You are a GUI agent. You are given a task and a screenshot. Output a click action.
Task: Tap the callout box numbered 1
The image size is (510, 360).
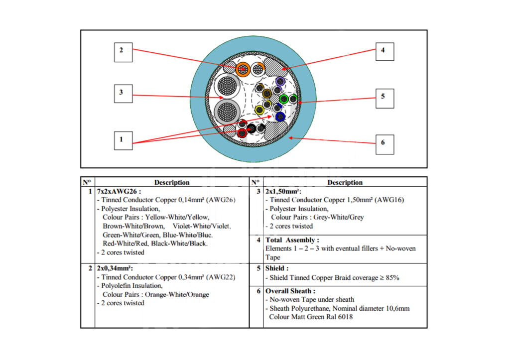pos(122,140)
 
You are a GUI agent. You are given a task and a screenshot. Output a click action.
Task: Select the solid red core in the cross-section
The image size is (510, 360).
pos(243,133)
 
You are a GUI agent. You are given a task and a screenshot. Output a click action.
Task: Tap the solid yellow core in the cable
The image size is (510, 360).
pos(259,110)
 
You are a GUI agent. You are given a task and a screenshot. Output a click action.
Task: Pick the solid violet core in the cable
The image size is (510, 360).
pos(279,82)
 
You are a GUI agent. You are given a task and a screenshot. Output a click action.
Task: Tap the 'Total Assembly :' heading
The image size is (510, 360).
pos(292,240)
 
